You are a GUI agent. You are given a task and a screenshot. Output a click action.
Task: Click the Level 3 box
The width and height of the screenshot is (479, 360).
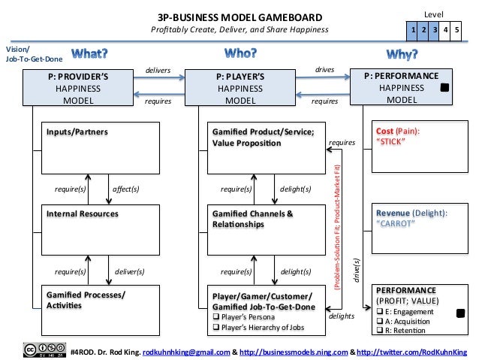435,29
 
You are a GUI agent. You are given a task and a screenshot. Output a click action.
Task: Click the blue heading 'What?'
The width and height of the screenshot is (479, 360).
89,53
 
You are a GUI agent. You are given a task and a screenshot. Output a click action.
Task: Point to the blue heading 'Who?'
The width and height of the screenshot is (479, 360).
241,53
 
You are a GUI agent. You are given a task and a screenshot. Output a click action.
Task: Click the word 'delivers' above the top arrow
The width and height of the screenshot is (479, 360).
158,71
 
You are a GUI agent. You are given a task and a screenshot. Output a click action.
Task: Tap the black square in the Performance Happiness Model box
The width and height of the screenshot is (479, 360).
444,88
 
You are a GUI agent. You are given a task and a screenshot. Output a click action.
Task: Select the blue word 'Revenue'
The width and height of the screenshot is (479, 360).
395,213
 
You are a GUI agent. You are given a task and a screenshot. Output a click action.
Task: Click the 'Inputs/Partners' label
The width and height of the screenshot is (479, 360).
77,132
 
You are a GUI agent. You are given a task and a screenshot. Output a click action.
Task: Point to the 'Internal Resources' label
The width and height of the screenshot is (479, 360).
82,213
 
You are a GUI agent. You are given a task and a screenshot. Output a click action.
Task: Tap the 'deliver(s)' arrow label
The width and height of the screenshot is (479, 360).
129,271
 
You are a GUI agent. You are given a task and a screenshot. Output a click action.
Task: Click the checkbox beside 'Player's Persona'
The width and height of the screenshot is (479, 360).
216,316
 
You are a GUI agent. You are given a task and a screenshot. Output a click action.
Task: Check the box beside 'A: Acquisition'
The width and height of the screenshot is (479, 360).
379,319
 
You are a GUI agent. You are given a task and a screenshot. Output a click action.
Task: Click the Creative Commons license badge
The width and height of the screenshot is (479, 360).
43,350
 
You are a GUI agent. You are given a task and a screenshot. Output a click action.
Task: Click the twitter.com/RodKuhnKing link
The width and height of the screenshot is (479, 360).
411,351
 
